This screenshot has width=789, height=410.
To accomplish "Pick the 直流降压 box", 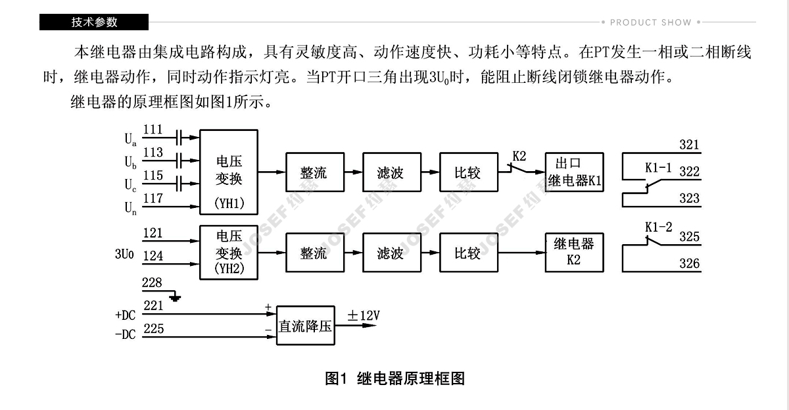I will (306, 326).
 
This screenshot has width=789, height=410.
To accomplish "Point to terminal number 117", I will (153, 197).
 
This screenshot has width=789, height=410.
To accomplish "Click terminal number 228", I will (152, 283).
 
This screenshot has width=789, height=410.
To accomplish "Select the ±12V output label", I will (364, 317).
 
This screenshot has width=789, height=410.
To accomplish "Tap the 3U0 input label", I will (124, 253).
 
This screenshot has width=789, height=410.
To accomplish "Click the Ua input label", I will (130, 140).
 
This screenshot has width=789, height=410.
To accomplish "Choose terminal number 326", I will (690, 264).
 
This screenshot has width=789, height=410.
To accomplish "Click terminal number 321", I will (690, 145).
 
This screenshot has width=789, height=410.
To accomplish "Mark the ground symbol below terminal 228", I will (175, 298).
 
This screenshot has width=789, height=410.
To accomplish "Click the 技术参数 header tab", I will (94, 22).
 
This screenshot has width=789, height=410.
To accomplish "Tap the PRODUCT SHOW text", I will (650, 22).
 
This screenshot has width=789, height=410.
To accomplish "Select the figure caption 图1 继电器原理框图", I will (394, 378).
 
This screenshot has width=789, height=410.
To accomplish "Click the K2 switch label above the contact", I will (519, 157).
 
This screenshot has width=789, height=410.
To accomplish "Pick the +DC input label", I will (125, 315).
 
